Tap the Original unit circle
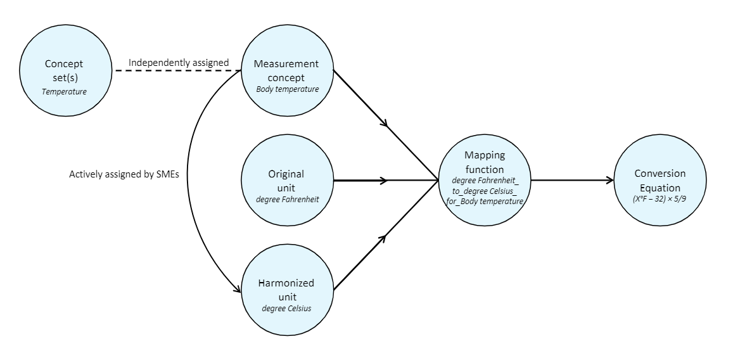pos(287,180)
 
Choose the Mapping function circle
pos(485,180)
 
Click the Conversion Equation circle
pos(660,180)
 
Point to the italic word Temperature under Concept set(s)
pos(64,91)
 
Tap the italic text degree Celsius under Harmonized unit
pos(287,308)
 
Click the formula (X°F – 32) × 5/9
pos(660,200)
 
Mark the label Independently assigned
pos(178,63)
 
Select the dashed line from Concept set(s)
pos(171,70)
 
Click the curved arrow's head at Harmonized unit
pos(238,289)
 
